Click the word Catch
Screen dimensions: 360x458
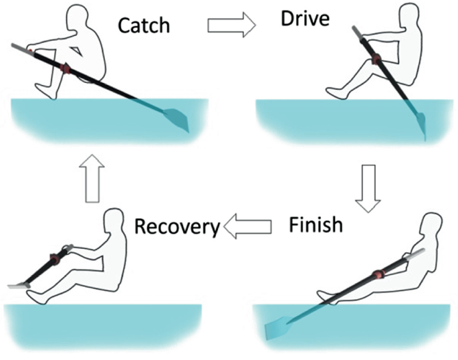[143, 25]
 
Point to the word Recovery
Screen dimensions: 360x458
[177, 226]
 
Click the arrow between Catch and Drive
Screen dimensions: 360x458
[231, 25]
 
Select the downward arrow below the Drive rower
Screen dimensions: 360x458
[367, 189]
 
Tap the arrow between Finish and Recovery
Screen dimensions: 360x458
[247, 228]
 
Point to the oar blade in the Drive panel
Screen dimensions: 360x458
[421, 126]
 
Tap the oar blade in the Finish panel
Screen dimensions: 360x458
[277, 329]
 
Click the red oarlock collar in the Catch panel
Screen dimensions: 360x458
[65, 68]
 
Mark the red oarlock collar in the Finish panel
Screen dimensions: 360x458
[379, 274]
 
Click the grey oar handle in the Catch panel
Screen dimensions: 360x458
[19, 47]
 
